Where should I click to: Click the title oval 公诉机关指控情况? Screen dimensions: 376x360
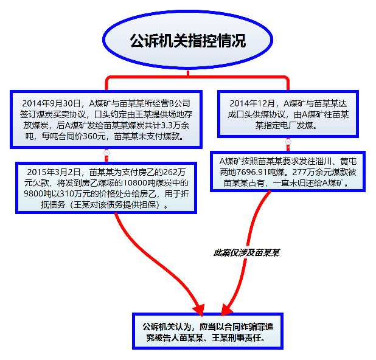click(x=188, y=40)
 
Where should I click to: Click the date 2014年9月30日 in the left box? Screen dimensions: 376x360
click(x=51, y=103)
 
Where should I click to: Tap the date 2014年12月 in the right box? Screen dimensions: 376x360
click(x=252, y=103)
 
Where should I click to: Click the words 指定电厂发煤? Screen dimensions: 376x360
click(x=290, y=125)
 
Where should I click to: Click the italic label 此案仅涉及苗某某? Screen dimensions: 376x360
click(x=246, y=252)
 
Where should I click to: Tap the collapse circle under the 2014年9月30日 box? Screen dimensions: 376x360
click(x=106, y=153)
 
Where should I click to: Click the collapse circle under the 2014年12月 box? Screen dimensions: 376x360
click(x=288, y=142)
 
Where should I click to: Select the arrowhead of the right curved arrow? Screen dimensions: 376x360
click(x=226, y=310)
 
